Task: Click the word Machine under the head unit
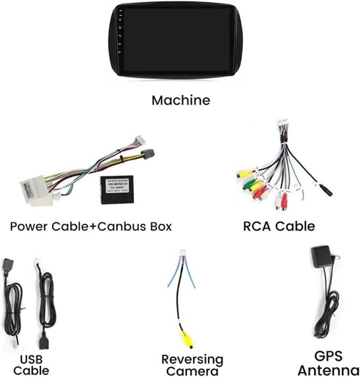180,100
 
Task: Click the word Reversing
192,359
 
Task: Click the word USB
31,359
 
